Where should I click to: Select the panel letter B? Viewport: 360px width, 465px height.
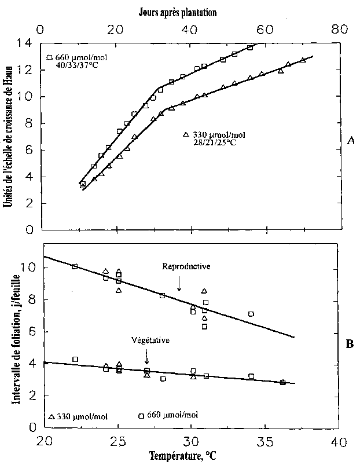350,344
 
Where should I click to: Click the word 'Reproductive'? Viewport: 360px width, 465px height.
186,266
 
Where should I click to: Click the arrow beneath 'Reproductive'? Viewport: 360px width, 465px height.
179,284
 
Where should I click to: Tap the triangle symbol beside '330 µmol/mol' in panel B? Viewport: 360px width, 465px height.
52,416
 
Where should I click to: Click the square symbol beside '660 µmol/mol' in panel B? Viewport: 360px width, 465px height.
141,416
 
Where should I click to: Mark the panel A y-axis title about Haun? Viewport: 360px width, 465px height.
10,136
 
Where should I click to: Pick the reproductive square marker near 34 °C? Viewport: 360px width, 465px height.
251,314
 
